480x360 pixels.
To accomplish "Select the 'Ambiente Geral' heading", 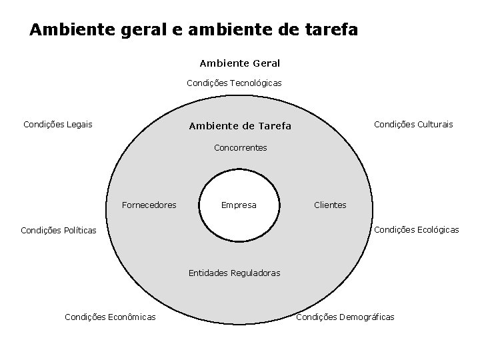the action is [240, 63].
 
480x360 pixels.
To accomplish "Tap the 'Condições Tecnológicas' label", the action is [234, 83].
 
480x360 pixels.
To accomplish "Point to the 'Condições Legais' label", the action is [58, 124].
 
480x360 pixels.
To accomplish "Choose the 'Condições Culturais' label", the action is [413, 124].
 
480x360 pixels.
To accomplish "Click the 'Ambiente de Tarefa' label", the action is [240, 126].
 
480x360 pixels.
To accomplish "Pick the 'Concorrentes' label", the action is [241, 147].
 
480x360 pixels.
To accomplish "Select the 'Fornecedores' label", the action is [149, 205].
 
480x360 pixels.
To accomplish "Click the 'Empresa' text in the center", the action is [239, 205].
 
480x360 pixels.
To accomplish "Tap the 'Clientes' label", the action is [330, 205].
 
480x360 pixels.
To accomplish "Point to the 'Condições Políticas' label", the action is [59, 231].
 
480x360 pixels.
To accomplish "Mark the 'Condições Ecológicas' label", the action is [417, 230].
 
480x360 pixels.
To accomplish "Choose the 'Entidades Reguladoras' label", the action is [235, 273].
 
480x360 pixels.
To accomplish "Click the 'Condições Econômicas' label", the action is [110, 317].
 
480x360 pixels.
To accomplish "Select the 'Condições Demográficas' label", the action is [345, 317].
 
